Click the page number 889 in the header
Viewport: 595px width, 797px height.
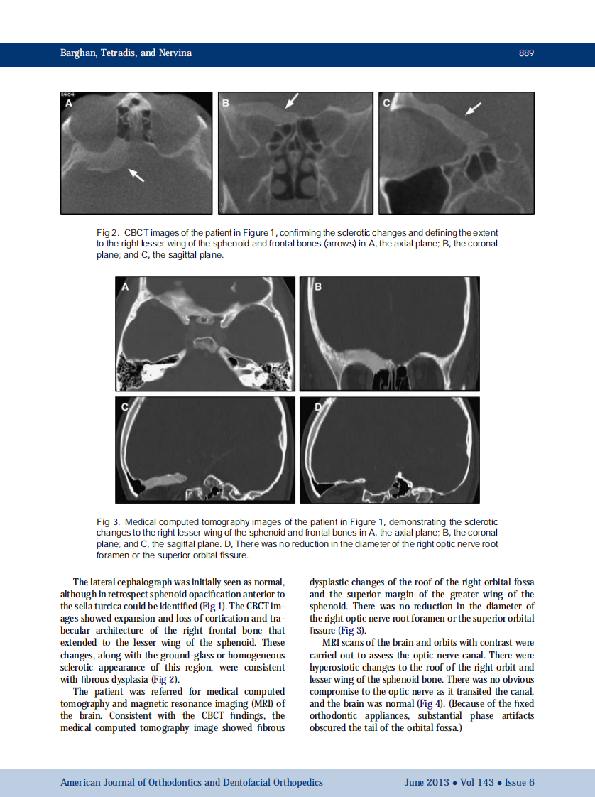(526, 53)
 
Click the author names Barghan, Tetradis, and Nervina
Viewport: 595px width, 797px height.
(126, 53)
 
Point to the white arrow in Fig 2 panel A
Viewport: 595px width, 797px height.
(136, 174)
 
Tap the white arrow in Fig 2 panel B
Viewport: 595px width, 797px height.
(292, 101)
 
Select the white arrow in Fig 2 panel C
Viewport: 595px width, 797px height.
(473, 107)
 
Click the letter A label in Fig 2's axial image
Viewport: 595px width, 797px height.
(69, 104)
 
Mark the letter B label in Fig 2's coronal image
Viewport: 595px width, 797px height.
(226, 104)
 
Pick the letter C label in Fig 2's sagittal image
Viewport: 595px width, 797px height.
(386, 104)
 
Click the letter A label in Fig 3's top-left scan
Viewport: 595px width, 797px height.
(126, 287)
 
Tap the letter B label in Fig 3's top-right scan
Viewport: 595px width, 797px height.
(317, 287)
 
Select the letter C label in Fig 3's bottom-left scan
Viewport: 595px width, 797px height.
(125, 406)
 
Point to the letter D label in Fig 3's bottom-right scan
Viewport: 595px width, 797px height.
(317, 406)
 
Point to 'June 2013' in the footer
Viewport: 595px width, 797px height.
(427, 782)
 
